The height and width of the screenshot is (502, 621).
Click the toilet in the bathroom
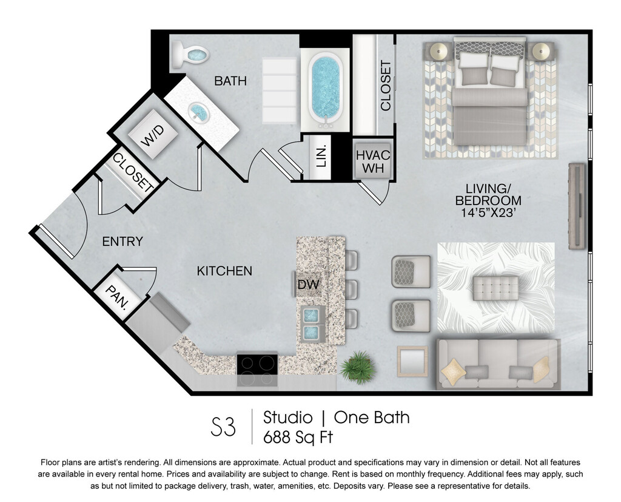point(189,55)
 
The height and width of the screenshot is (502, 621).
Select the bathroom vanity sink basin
point(198,111)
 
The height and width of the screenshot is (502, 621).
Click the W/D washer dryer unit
point(152,134)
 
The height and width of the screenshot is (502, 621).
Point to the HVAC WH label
point(373,161)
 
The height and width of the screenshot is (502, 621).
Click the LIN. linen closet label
point(322,156)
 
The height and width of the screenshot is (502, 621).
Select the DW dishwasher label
point(308,284)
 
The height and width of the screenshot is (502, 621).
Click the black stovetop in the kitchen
point(257,364)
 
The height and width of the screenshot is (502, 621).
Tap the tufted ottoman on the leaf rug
point(495,288)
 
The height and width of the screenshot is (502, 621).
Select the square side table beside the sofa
point(412,361)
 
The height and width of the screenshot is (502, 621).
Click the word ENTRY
point(123,242)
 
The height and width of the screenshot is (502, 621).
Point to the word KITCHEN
point(224,271)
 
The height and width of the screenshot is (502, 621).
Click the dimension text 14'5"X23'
point(488,212)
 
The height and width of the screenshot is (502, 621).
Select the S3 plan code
point(223,427)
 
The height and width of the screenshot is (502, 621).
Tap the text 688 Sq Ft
point(298,438)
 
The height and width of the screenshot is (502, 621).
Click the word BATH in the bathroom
point(230,81)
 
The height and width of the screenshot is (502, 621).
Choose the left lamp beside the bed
point(439,51)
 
